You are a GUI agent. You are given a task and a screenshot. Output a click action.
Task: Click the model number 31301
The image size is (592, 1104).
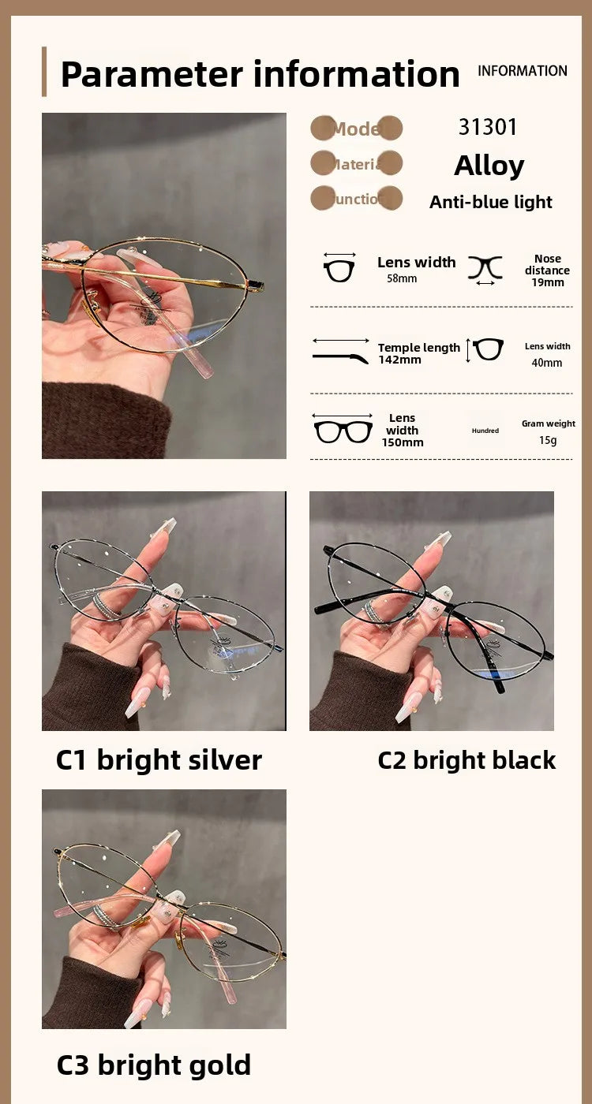pyautogui.click(x=488, y=127)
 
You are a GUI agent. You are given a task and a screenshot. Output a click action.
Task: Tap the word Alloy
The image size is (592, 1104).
pyautogui.click(x=489, y=166)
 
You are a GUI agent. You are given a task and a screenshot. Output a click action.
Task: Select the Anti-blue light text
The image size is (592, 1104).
pyautogui.click(x=490, y=202)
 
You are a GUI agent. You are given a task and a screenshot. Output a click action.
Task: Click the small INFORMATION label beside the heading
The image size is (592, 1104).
pyautogui.click(x=522, y=71)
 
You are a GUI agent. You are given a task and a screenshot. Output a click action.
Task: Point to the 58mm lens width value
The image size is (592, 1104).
pyautogui.click(x=402, y=279)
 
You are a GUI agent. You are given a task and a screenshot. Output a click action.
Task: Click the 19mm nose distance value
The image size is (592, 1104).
pyautogui.click(x=547, y=282)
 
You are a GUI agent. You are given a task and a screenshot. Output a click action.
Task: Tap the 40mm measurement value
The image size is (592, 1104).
pyautogui.click(x=547, y=363)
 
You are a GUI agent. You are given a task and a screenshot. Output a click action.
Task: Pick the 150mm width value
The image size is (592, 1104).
pyautogui.click(x=403, y=442)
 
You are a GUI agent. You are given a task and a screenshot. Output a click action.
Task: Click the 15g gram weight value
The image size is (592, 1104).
pyautogui.click(x=548, y=440)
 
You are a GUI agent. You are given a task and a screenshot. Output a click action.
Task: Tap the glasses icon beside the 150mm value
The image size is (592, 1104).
pyautogui.click(x=343, y=431)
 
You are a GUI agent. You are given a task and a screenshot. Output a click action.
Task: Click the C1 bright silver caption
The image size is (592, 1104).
pyautogui.click(x=159, y=759)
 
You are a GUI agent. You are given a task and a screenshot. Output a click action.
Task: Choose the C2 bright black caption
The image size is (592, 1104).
pyautogui.click(x=466, y=759)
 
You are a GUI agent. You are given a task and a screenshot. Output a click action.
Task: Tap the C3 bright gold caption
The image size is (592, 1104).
pyautogui.click(x=153, y=1065)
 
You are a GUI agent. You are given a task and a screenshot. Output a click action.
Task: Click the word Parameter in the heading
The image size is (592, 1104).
pyautogui.click(x=152, y=74)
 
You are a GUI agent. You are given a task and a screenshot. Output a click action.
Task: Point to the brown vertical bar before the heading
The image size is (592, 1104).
pyautogui.click(x=44, y=72)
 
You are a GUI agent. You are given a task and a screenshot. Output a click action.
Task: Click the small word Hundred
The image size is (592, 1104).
pyautogui.click(x=485, y=431)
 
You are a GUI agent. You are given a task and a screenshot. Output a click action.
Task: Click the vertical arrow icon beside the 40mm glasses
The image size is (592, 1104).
pyautogui.click(x=468, y=350)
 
